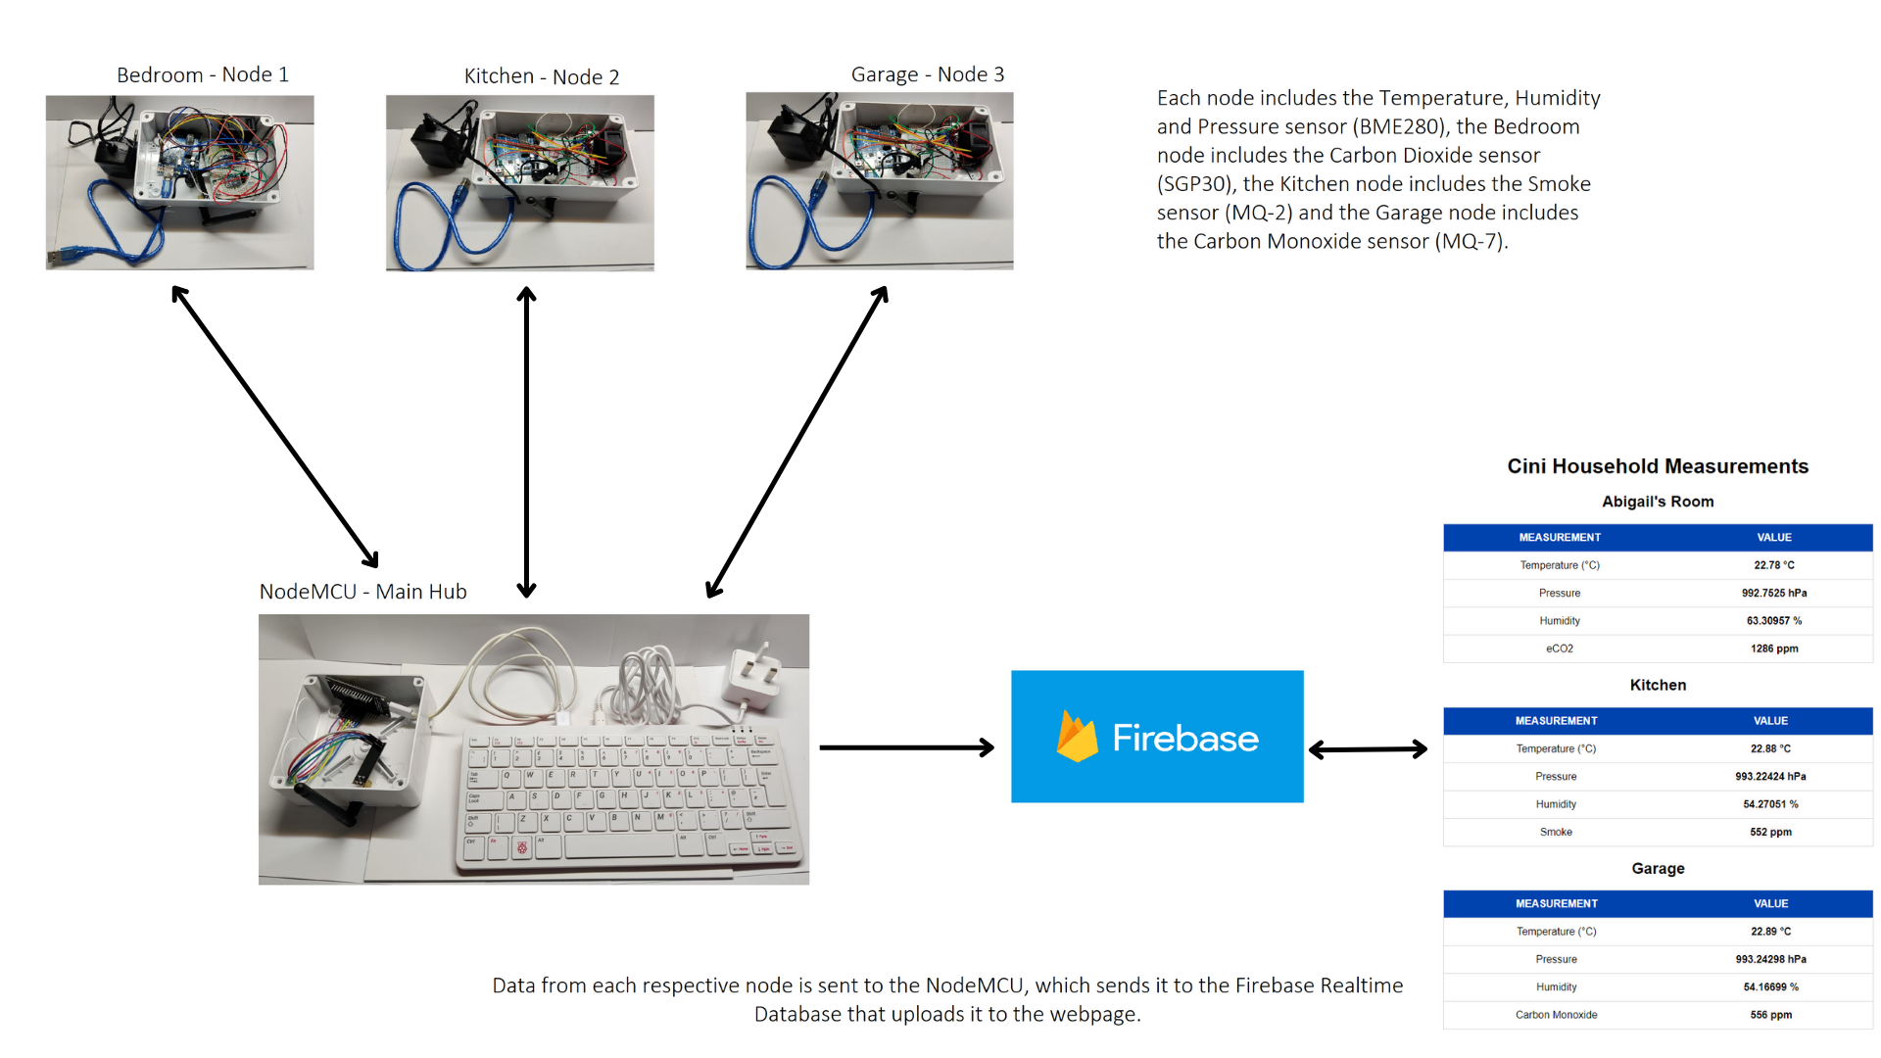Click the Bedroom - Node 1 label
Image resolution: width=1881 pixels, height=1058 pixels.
tap(202, 74)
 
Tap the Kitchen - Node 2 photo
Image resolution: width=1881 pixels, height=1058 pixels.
tap(519, 182)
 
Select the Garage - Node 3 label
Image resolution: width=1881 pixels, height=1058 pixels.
tap(927, 74)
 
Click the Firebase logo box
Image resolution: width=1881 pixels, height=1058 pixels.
tap(1157, 737)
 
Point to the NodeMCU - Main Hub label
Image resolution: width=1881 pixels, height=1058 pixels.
tap(362, 592)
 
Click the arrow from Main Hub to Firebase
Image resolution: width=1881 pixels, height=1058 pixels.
tap(906, 747)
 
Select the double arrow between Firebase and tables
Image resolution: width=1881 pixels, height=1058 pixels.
tap(1368, 749)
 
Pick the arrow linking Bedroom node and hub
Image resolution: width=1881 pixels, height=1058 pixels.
tap(274, 426)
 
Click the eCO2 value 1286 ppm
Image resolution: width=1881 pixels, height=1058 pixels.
tap(1774, 649)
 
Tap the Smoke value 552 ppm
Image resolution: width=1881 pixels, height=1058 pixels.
tap(1770, 832)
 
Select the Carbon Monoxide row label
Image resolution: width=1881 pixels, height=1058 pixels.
tap(1556, 1015)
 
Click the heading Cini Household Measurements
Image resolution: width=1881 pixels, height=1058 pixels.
tap(1658, 466)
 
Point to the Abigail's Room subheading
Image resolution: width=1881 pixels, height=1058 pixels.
tap(1658, 502)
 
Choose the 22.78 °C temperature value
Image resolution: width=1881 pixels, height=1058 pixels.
tap(1774, 565)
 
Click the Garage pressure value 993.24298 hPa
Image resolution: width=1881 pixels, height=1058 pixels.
tap(1770, 959)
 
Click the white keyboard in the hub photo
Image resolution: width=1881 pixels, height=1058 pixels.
tap(627, 798)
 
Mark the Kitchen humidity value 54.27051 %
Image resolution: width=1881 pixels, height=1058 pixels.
tap(1770, 804)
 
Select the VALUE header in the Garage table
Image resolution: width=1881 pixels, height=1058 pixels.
tap(1770, 903)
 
